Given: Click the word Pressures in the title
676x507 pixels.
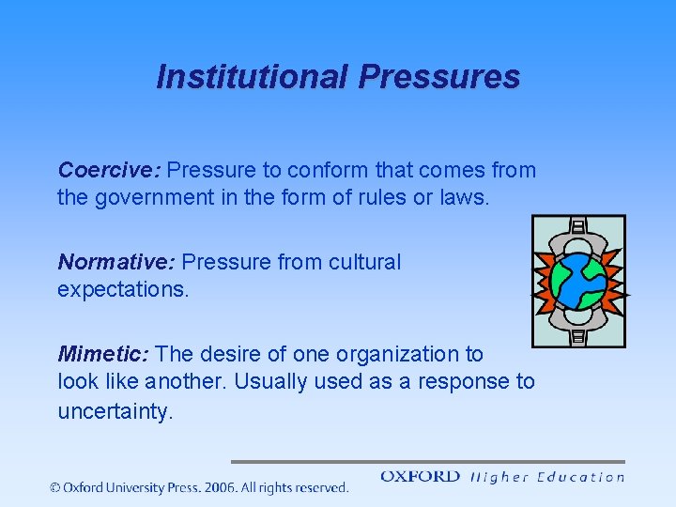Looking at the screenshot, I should [x=438, y=77].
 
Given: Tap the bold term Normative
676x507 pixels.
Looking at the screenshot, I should [x=116, y=262].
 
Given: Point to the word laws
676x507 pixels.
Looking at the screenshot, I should [x=466, y=198].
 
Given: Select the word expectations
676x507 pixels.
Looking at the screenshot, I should [x=123, y=290].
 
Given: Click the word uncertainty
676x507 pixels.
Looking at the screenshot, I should [x=115, y=412].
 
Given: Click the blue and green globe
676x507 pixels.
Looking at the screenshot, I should [x=577, y=282].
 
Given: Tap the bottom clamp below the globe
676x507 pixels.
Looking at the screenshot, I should [x=578, y=330].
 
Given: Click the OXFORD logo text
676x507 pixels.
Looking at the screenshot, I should [x=420, y=477].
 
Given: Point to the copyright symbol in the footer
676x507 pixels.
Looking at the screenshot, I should [x=56, y=487].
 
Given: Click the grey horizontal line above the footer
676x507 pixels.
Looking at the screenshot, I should [x=427, y=462].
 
